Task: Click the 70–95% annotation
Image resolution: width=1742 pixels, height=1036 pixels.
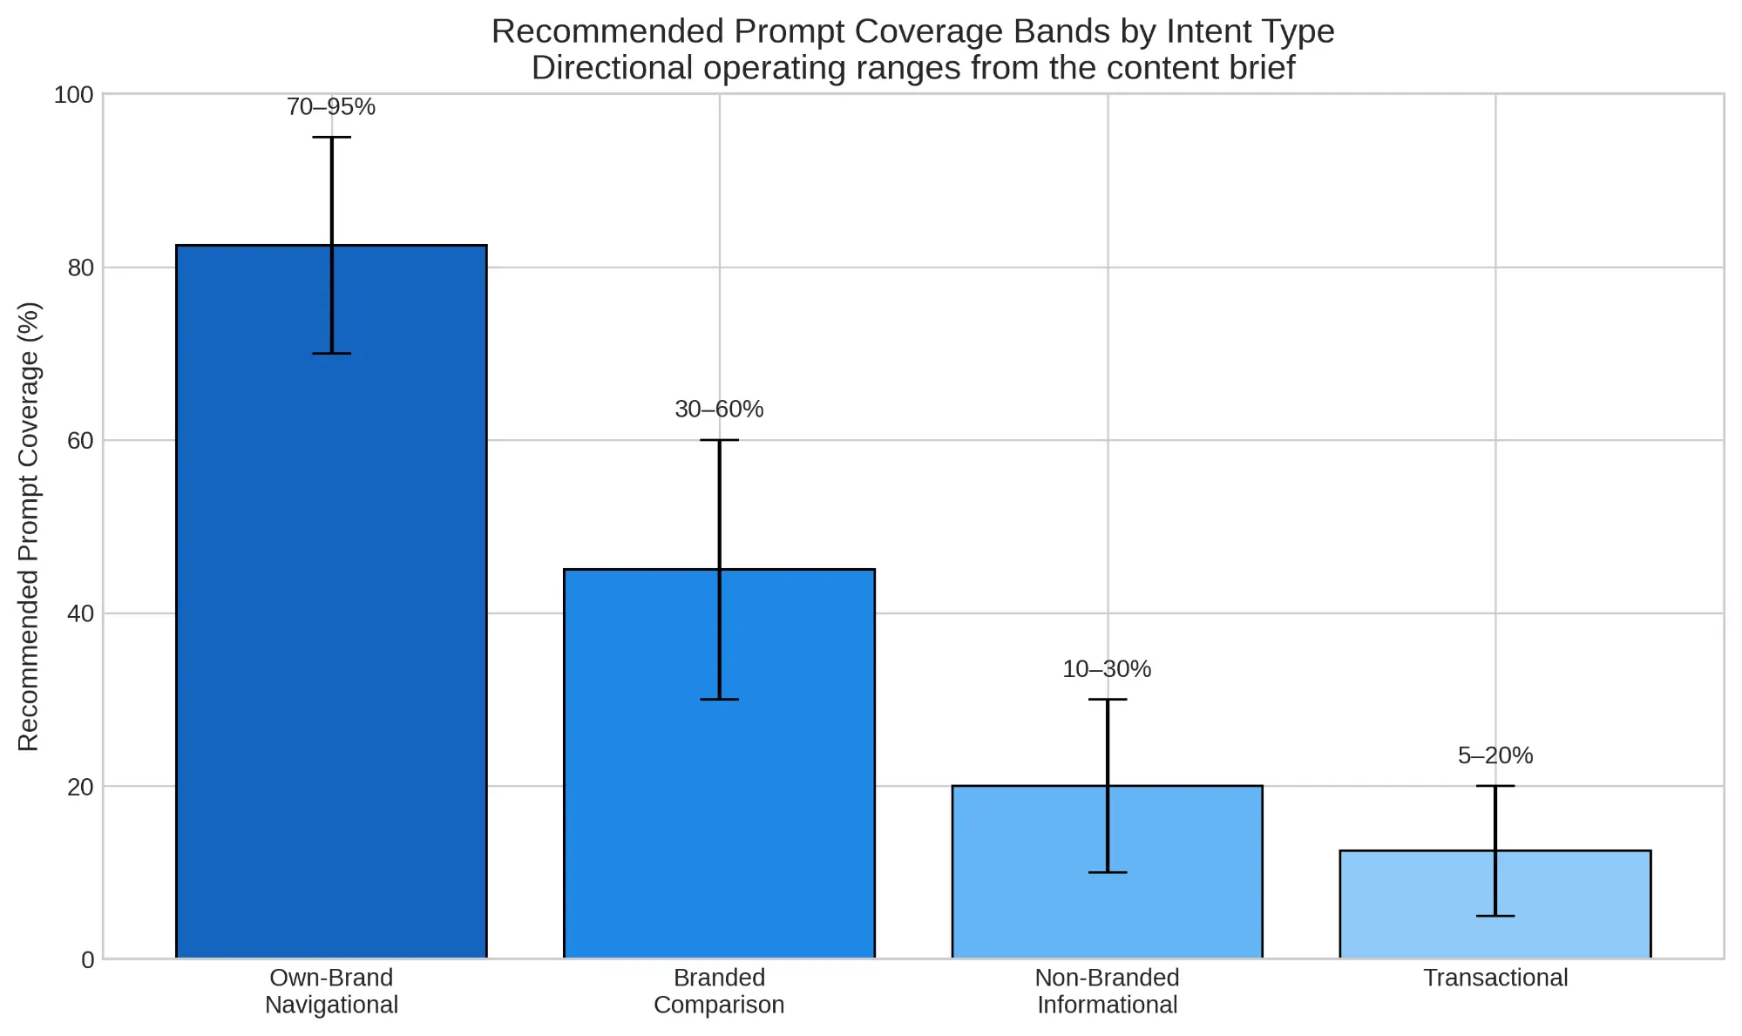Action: click(x=331, y=107)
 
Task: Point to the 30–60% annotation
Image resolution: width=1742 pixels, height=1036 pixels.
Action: click(x=719, y=410)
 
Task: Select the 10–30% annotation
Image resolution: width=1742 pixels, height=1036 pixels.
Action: click(x=1107, y=669)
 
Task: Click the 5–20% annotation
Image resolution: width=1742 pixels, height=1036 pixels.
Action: click(x=1495, y=755)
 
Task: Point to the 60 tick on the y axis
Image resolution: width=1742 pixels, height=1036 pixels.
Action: click(x=79, y=441)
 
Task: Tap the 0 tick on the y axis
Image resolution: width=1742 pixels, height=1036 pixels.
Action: click(x=87, y=959)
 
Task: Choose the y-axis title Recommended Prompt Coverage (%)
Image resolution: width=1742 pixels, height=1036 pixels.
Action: click(x=29, y=526)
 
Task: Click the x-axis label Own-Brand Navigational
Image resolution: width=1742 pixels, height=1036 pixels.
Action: click(x=331, y=991)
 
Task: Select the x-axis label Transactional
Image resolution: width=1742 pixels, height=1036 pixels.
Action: click(x=1495, y=978)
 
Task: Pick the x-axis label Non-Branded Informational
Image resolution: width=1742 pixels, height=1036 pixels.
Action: click(x=1107, y=991)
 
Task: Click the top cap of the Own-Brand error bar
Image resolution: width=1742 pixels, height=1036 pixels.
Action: click(x=331, y=138)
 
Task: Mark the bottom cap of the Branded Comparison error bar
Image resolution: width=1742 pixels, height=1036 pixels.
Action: click(x=719, y=699)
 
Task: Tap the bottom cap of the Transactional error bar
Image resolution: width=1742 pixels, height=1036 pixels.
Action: click(x=1495, y=916)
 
